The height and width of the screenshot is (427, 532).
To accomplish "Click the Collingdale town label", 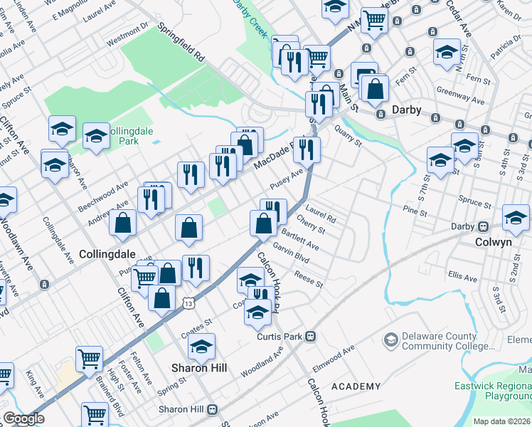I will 107,253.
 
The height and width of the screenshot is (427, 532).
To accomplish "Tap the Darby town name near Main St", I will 407,110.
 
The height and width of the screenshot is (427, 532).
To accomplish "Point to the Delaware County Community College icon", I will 390,341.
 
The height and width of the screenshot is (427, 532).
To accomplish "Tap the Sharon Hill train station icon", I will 211,410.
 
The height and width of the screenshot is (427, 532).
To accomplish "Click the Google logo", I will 23,418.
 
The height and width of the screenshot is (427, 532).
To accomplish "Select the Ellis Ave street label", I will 463,275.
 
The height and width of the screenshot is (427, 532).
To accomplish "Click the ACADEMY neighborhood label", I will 356,386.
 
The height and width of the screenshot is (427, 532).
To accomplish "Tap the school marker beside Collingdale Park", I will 95,136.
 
